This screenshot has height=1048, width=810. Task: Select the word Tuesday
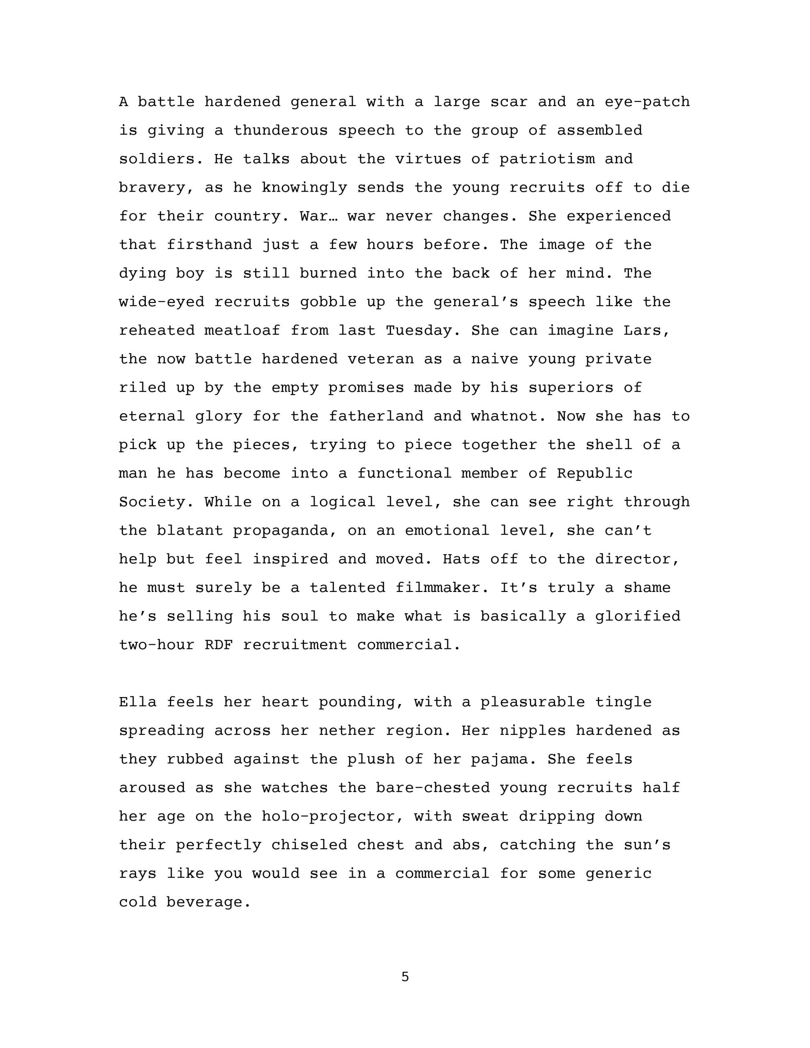(419, 331)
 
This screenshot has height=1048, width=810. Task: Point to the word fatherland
(376, 416)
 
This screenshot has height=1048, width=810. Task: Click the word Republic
(595, 473)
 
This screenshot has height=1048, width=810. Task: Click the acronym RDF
(218, 645)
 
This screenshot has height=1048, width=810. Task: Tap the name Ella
(138, 702)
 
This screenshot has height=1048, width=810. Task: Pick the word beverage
(208, 902)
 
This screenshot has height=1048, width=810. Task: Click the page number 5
(405, 976)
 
